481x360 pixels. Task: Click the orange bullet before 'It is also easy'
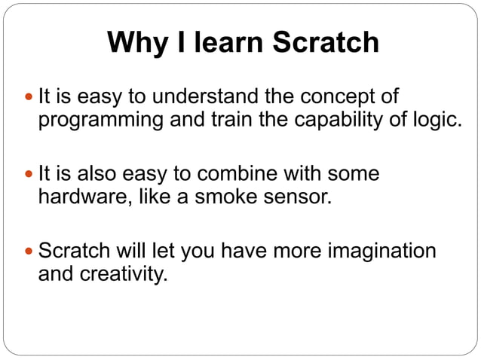pyautogui.click(x=29, y=175)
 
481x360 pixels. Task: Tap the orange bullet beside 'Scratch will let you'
pyautogui.click(x=29, y=252)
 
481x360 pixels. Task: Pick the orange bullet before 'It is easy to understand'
pyautogui.click(x=29, y=98)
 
